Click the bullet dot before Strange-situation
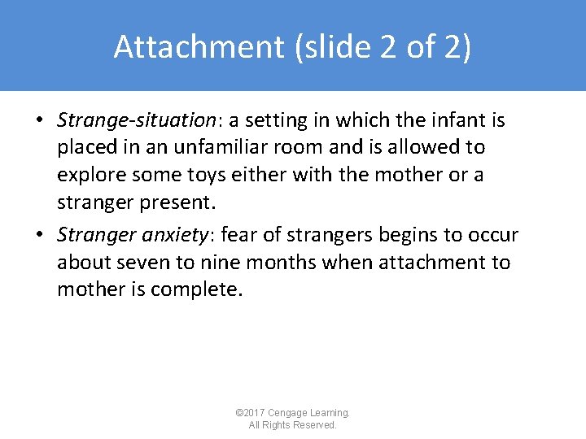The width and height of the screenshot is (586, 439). point(39,121)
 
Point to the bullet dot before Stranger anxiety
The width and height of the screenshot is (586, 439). point(39,236)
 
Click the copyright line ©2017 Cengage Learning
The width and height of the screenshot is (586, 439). point(293,413)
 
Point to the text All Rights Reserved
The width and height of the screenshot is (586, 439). point(293,425)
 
